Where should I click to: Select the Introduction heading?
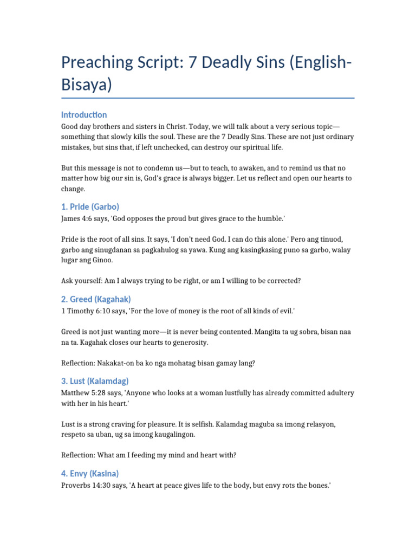coord(84,115)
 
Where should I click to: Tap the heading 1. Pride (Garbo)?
coord(90,206)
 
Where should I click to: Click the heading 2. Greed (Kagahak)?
coord(96,299)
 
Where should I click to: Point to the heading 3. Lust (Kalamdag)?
coord(95,380)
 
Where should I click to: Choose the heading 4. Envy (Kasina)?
coord(90,473)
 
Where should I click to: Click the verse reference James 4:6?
coord(79,218)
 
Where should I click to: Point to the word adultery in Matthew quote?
coord(340,392)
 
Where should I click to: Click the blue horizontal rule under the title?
coord(208,98)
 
